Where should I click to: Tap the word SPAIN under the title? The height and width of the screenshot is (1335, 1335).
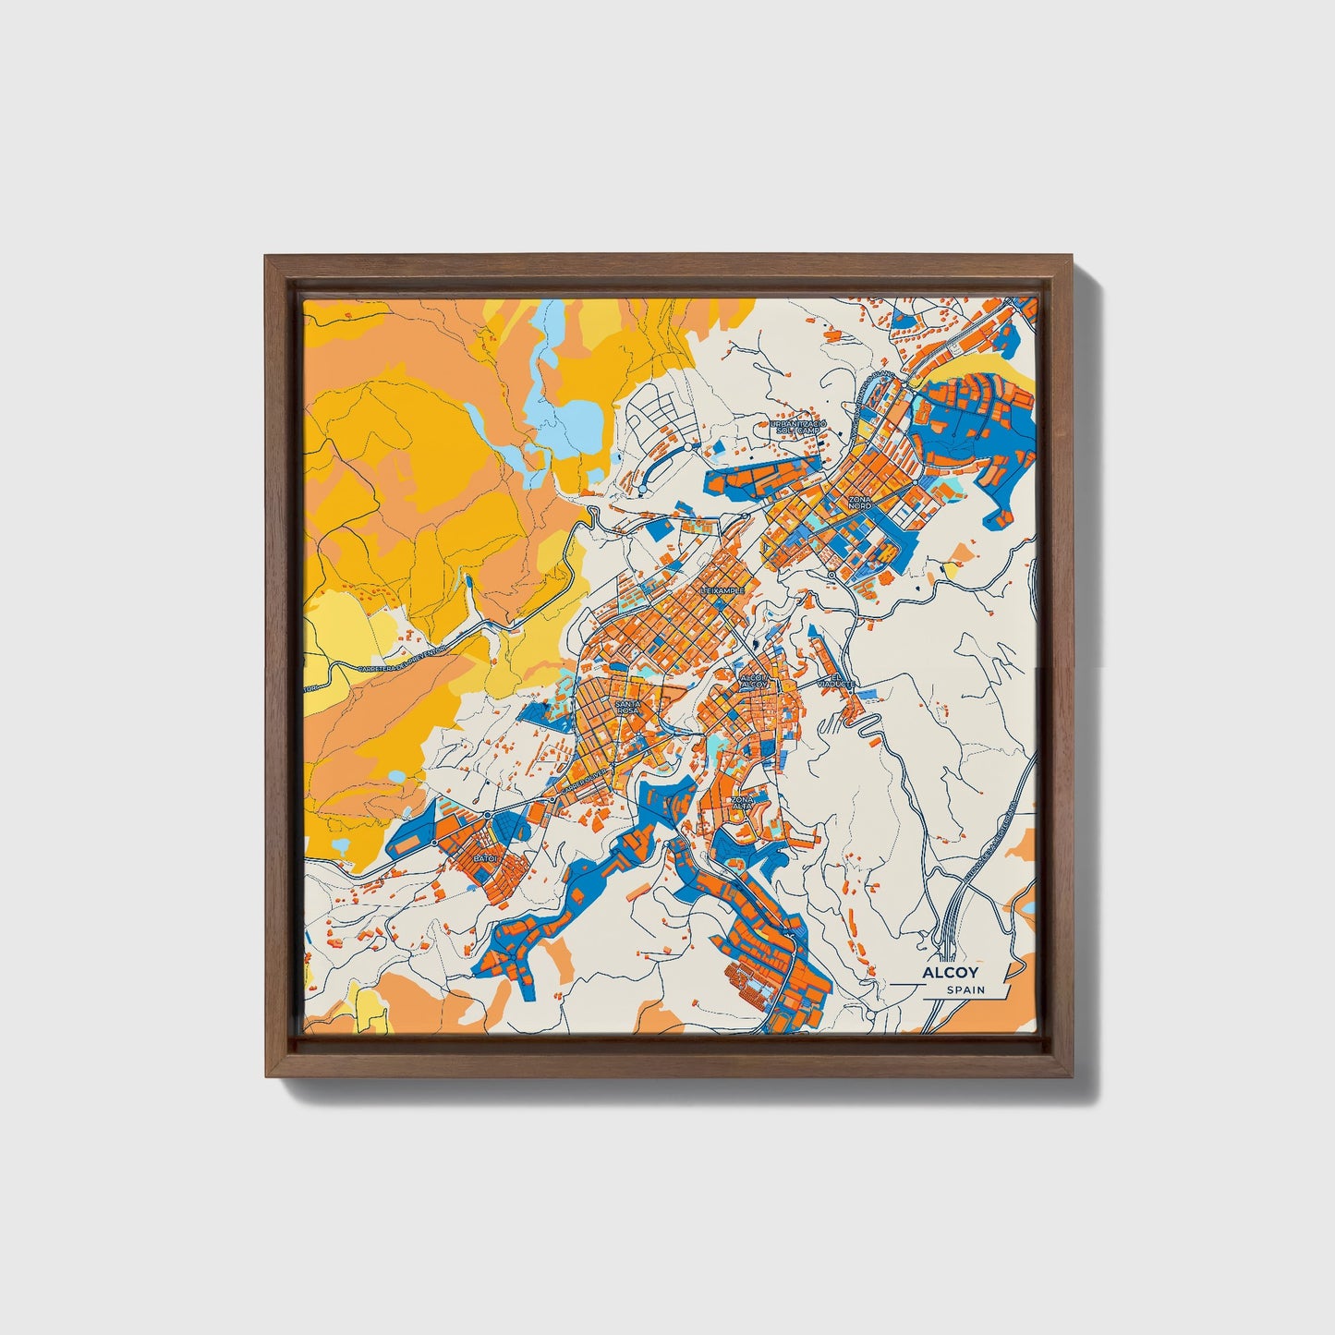[x=965, y=990]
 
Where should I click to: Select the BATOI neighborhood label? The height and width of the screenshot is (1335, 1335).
[x=485, y=858]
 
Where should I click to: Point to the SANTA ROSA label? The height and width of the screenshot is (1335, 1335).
[x=627, y=706]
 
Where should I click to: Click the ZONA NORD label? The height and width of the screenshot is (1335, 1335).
[x=859, y=503]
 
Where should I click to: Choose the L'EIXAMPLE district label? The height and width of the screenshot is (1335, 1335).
[x=722, y=589]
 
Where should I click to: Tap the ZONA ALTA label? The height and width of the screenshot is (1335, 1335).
[x=743, y=802]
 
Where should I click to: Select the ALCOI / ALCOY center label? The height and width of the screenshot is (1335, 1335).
[x=754, y=681]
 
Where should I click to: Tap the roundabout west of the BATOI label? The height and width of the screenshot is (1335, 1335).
[x=434, y=843]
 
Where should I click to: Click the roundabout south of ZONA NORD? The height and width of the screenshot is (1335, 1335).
[x=831, y=575]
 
